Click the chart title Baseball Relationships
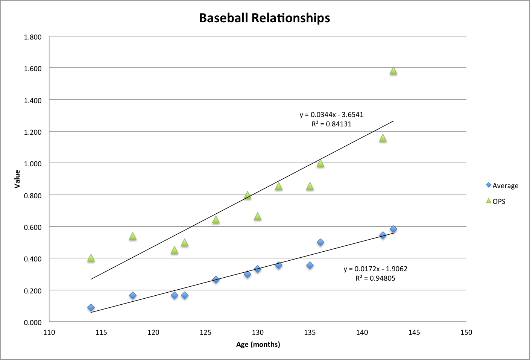click(264, 18)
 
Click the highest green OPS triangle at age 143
click(393, 71)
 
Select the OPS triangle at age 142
click(383, 138)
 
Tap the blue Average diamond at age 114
click(91, 307)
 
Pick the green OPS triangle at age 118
click(133, 236)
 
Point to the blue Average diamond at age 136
click(320, 242)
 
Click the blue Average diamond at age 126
click(216, 279)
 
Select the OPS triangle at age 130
click(258, 216)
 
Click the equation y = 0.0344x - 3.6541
click(331, 115)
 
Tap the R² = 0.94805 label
click(375, 278)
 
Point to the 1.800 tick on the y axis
click(33, 37)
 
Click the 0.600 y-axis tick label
click(33, 227)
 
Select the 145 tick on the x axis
click(414, 333)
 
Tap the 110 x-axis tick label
click(49, 333)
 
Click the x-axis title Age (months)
click(258, 345)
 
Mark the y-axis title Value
click(17, 179)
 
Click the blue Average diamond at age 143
click(393, 229)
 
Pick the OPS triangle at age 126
click(216, 220)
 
